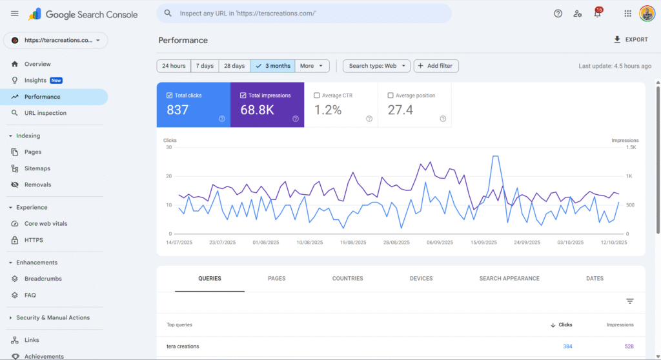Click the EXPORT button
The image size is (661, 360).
pos(630,40)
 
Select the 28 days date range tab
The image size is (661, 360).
pos(234,66)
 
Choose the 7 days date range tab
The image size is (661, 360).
pos(205,66)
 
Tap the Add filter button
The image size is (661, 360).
pos(436,66)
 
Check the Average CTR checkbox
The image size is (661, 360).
pos(317,95)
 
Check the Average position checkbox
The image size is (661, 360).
pos(391,95)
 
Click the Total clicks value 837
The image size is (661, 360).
pos(178,110)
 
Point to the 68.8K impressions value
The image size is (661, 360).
pos(257,110)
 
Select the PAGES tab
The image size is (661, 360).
pos(276,279)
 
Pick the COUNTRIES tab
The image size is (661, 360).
pos(347,279)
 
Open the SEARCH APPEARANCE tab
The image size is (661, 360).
pos(509,279)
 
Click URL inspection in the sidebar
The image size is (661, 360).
pos(45,113)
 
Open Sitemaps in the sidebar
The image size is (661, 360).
pos(37,168)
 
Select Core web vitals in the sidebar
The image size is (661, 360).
pos(46,224)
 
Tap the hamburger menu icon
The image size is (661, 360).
pos(15,14)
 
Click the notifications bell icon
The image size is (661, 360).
pos(597,14)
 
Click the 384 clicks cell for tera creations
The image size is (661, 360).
pos(567,346)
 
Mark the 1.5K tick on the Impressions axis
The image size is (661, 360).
pos(631,147)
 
